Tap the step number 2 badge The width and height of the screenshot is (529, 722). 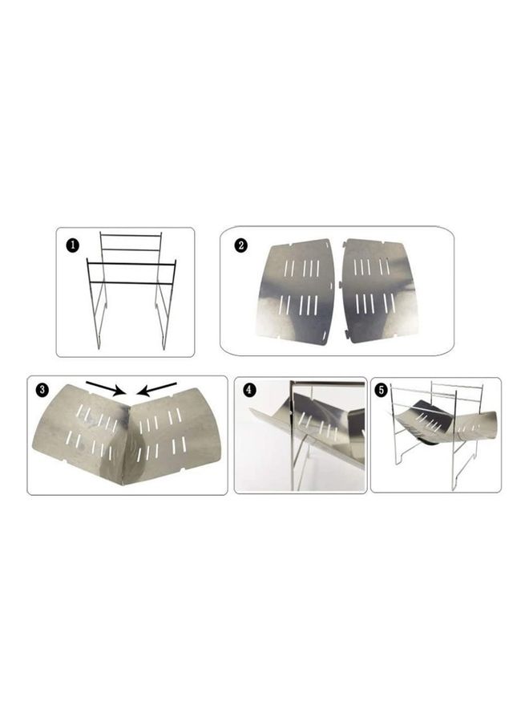(240, 245)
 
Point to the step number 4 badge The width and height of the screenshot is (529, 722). (250, 391)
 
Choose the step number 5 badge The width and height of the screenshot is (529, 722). (382, 391)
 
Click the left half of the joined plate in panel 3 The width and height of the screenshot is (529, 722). (80, 433)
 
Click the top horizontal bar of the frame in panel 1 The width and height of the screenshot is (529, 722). (131, 235)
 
